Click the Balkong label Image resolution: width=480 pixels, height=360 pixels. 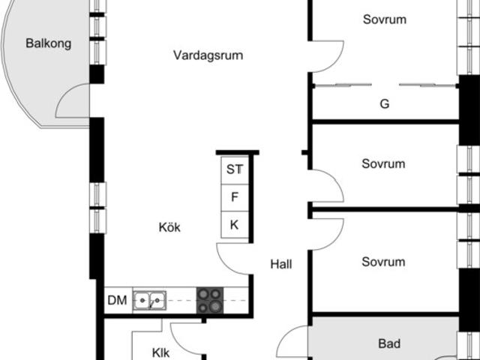click(x=48, y=43)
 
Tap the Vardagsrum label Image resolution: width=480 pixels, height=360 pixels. click(x=208, y=55)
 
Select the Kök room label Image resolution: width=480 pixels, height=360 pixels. click(x=169, y=227)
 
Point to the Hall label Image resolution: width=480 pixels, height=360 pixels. click(x=281, y=264)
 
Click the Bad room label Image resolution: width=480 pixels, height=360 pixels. click(x=388, y=344)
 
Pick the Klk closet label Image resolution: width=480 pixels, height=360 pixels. click(x=160, y=351)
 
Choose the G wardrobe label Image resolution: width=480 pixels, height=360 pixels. click(x=384, y=104)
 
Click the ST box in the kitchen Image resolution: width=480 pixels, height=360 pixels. click(x=235, y=169)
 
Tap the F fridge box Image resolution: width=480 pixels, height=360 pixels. click(x=235, y=198)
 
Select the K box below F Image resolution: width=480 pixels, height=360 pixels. click(x=235, y=225)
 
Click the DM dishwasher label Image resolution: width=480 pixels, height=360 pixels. click(x=116, y=301)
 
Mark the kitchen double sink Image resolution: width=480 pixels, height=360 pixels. click(x=150, y=301)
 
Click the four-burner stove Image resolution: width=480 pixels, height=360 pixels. click(x=210, y=301)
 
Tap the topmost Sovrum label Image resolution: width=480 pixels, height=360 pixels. click(x=384, y=19)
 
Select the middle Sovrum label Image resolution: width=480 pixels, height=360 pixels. click(x=382, y=163)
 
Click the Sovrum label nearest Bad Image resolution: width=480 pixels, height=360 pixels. click(x=382, y=262)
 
